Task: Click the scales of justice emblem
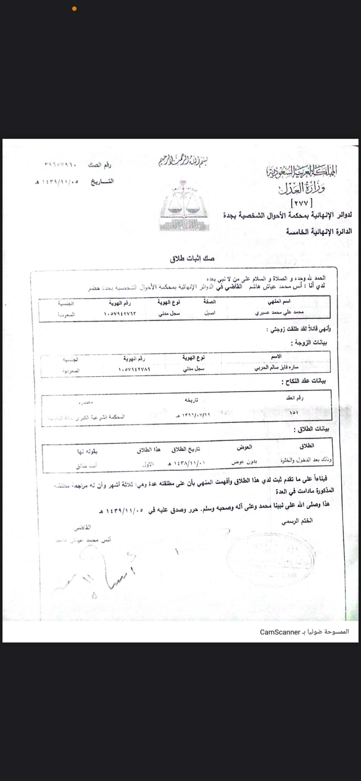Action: pos(184,205)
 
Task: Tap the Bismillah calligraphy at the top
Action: pos(183,161)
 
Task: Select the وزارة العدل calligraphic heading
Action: pos(302,188)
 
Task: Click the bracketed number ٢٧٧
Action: pos(302,203)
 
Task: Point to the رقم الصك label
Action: pos(99,165)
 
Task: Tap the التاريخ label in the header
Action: pos(102,181)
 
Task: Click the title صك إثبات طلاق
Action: pos(192,258)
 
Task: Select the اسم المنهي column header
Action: pos(279,301)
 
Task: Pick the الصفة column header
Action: pos(210,301)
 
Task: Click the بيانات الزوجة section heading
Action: pos(309,342)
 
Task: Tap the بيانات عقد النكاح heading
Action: pos(304,381)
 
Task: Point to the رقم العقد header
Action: pos(294,398)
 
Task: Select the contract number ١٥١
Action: pos(294,412)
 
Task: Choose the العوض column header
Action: pos(244,447)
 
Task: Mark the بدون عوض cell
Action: pos(244,462)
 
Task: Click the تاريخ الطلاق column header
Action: pos(186,449)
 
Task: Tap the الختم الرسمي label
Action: pos(297,521)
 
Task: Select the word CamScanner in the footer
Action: pos(280,632)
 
